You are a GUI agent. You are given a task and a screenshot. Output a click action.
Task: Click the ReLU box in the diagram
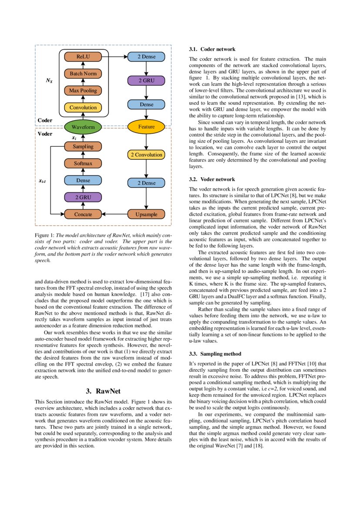click(x=83, y=57)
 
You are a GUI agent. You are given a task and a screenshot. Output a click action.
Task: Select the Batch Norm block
click(x=83, y=74)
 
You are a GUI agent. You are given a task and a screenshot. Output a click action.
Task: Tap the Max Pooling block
click(x=83, y=91)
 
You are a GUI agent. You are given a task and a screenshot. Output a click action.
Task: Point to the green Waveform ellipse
click(x=83, y=127)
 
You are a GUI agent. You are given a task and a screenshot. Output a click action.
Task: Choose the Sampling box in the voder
click(x=83, y=147)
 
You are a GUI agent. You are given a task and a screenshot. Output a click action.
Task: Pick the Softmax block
click(x=83, y=164)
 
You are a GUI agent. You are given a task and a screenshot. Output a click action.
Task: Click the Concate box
click(x=83, y=214)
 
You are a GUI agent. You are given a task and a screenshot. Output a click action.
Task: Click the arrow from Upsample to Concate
click(x=114, y=214)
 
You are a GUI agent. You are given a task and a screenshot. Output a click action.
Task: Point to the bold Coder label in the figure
click(x=45, y=120)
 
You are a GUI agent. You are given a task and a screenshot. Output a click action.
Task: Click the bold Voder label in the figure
click(x=45, y=134)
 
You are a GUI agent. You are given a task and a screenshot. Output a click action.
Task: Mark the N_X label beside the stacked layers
click(x=49, y=81)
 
